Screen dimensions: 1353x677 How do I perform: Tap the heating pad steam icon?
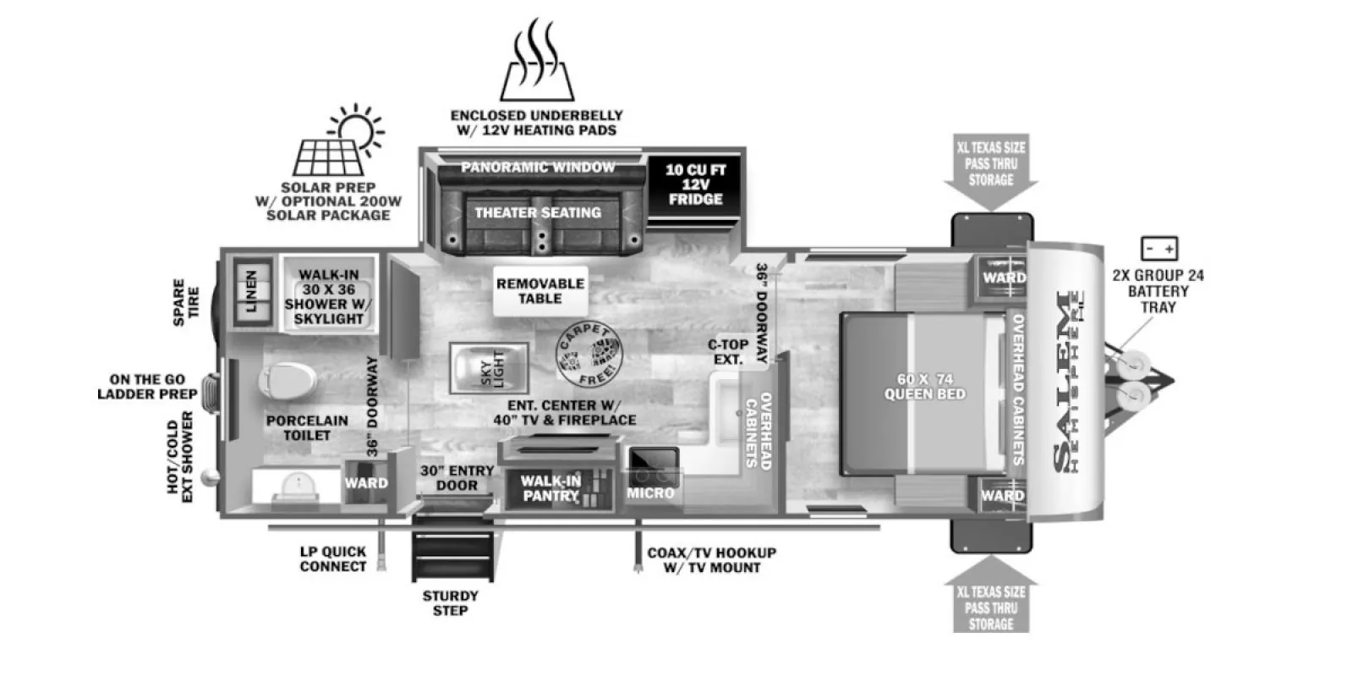[537, 60]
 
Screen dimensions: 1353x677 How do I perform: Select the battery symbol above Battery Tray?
[1159, 249]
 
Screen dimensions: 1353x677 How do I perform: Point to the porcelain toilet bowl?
[287, 381]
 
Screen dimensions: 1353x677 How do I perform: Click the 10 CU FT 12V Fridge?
[694, 184]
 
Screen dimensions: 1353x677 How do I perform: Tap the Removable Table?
[540, 291]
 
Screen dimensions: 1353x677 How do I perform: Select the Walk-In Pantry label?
[551, 488]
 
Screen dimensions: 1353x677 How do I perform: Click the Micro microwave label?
[650, 493]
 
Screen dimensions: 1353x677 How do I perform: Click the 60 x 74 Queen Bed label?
[925, 387]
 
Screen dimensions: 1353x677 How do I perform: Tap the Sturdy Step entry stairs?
[452, 548]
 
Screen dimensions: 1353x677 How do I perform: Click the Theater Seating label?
[538, 212]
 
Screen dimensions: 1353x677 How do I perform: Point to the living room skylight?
[489, 368]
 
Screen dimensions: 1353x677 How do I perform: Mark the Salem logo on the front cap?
[1069, 382]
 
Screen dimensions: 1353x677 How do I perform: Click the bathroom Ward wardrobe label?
[366, 483]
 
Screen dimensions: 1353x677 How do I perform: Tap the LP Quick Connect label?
[333, 559]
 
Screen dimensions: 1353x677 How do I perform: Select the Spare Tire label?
[186, 302]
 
